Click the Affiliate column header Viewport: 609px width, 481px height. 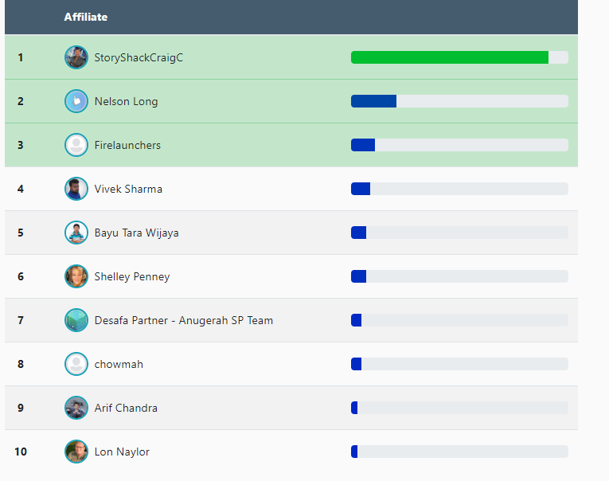tap(86, 17)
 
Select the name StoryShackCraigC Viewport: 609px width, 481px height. tap(139, 57)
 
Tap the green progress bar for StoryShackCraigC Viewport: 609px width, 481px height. tap(450, 57)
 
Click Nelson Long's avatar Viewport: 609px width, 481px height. tap(76, 101)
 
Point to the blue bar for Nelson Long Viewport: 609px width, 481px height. tap(374, 101)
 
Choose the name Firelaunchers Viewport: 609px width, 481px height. tap(127, 145)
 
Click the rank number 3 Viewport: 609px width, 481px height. tap(21, 145)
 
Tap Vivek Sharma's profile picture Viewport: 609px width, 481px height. tap(76, 189)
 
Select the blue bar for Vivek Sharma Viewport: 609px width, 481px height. tap(361, 189)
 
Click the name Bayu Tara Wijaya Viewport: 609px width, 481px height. tap(136, 233)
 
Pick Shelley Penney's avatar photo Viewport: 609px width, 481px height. tap(76, 276)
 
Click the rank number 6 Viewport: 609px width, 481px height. tap(21, 276)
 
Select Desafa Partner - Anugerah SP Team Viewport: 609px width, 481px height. tap(183, 320)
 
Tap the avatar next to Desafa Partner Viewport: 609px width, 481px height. tap(76, 320)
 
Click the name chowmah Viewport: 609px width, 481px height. tap(119, 364)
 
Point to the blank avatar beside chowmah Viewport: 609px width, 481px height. tap(76, 364)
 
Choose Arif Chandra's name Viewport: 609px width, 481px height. tap(126, 408)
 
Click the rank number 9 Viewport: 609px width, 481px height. tap(21, 408)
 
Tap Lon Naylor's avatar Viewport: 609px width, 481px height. tap(76, 452)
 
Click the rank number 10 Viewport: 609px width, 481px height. tap(21, 452)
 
